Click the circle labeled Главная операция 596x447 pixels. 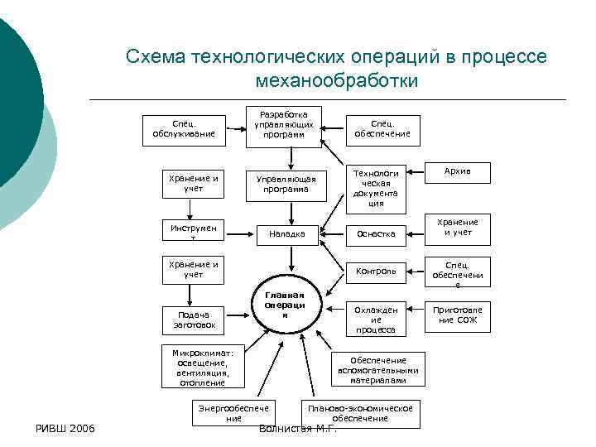coord(285,305)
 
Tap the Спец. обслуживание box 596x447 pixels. coord(183,127)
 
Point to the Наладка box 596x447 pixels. coord(286,234)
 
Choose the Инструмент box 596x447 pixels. coord(193,233)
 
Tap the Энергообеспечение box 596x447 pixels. coord(233,413)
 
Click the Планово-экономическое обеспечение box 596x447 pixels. coord(359,413)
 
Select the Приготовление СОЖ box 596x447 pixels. coord(457,315)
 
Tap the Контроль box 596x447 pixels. coord(376,271)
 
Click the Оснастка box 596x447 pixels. coord(376,234)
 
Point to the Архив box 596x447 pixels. coord(457,171)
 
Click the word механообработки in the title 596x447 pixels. coord(337,81)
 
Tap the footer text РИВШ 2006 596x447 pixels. coord(64,428)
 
